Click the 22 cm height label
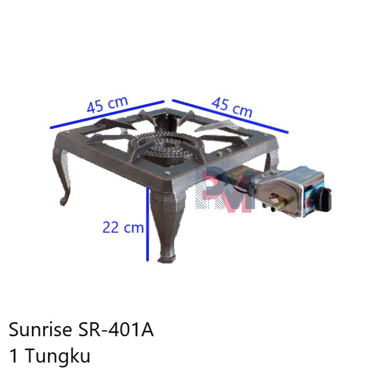[123, 228]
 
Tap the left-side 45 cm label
[108, 104]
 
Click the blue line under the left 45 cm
[107, 114]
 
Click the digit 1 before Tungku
[14, 355]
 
